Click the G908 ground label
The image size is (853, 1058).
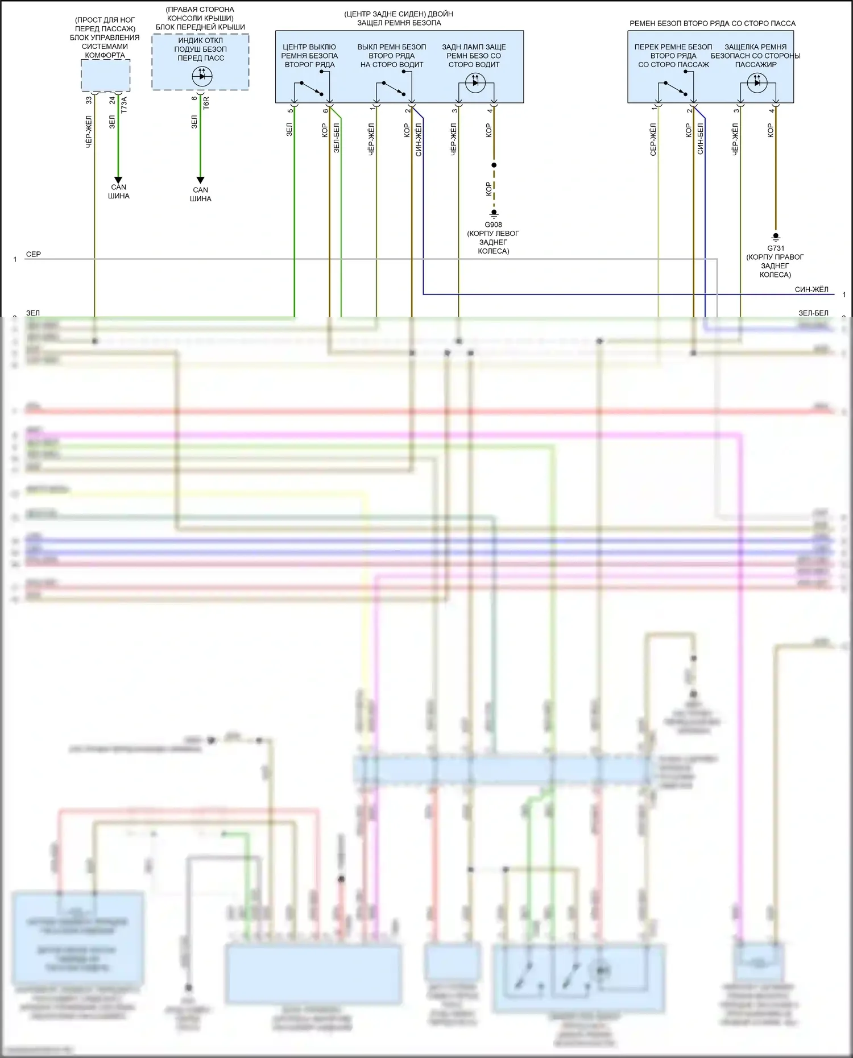493,225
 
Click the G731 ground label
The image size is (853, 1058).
776,248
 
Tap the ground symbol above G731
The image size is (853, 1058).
776,237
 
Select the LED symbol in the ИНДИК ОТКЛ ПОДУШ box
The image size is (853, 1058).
202,76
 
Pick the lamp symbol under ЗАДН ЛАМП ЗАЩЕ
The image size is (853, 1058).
475,84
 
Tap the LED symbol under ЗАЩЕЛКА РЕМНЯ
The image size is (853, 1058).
757,83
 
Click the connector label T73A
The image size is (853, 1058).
124,105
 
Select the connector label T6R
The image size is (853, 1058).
206,102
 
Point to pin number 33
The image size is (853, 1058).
89,100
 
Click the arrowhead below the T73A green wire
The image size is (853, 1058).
118,180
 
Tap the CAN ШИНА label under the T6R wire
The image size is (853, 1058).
200,194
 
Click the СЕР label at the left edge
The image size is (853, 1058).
34,254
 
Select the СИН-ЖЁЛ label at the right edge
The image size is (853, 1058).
811,289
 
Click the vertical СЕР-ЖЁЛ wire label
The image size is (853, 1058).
653,139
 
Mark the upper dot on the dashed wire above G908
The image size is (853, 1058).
494,165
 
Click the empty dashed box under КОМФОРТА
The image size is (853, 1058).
106,75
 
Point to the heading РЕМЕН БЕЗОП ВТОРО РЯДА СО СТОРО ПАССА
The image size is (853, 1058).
712,23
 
